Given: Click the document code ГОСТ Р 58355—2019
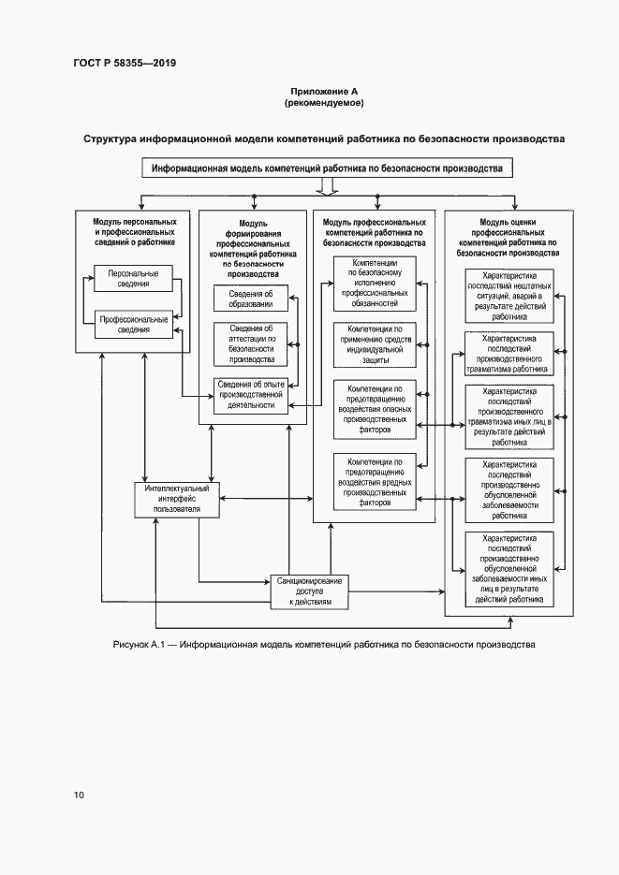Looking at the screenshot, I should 125,64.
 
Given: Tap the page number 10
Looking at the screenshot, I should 80,795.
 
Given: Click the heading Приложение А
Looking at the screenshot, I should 323,91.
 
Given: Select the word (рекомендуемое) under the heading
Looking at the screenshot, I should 323,102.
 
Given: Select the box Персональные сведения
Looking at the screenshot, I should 132,278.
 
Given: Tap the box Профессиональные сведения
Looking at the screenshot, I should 132,324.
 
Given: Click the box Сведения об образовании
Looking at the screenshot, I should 251,299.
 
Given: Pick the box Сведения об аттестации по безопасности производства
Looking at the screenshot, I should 251,343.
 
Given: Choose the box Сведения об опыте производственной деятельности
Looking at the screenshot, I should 251,395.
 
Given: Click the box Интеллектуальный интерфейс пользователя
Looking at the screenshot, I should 177,499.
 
